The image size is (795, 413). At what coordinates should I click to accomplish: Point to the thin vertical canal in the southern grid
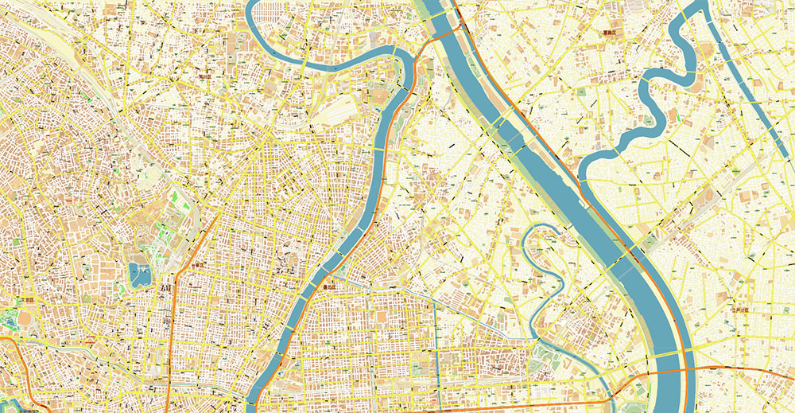[436, 350]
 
